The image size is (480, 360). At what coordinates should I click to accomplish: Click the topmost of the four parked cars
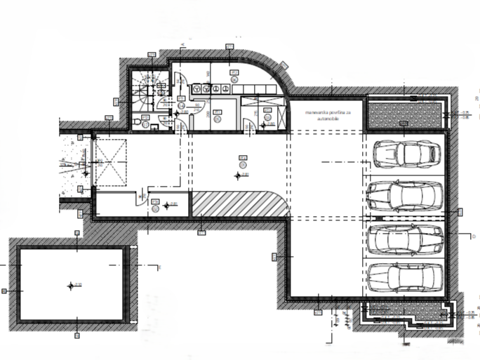click(404, 153)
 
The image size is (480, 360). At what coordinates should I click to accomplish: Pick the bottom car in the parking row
click(404, 276)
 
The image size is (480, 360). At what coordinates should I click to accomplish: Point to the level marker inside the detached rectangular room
click(70, 285)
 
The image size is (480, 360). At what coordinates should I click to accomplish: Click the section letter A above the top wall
click(181, 44)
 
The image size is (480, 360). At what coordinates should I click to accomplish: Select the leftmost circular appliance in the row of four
click(198, 88)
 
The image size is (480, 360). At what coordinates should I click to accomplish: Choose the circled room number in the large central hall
click(242, 164)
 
